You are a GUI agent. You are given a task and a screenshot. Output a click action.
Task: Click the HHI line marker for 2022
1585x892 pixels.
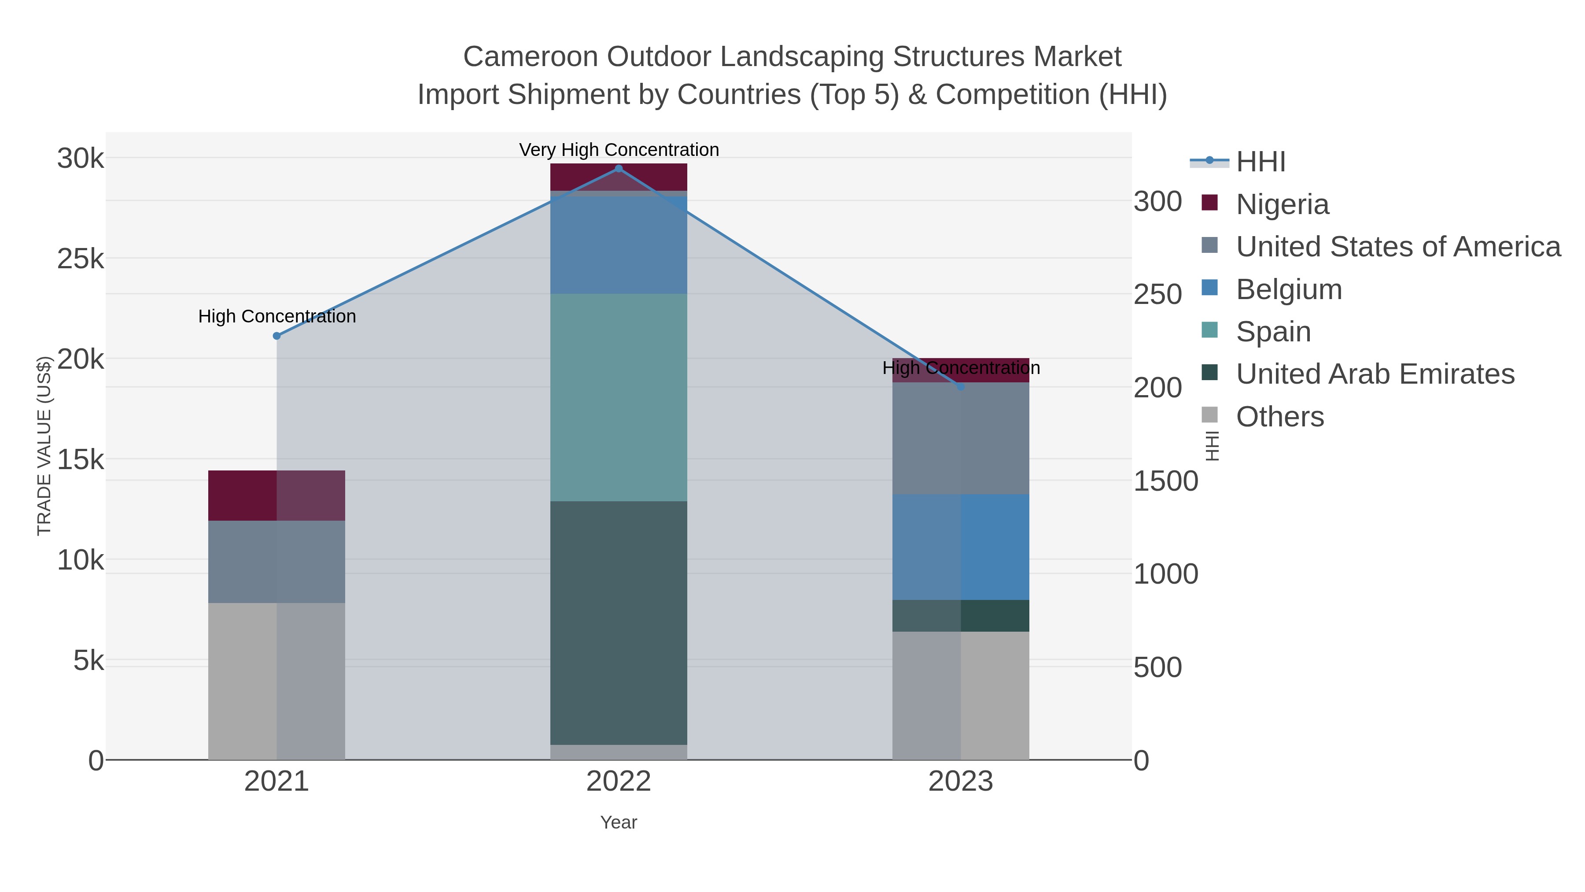click(x=619, y=169)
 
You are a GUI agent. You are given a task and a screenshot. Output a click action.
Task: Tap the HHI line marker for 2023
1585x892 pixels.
click(x=961, y=387)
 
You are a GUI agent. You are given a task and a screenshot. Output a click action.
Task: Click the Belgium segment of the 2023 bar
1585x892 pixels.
click(x=961, y=547)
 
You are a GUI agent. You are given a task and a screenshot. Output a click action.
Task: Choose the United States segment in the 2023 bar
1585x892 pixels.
click(x=961, y=438)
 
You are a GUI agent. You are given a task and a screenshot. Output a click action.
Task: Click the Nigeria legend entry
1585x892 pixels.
click(x=1282, y=204)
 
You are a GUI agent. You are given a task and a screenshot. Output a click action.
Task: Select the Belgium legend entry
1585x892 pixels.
click(x=1288, y=289)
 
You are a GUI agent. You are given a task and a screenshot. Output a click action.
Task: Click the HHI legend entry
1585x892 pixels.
click(x=1260, y=162)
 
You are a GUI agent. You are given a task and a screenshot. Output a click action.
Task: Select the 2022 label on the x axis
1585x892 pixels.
click(x=619, y=782)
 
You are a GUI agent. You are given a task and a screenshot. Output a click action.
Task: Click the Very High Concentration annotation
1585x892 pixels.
click(x=619, y=150)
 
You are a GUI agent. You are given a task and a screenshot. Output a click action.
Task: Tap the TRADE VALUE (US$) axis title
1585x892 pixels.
click(x=44, y=446)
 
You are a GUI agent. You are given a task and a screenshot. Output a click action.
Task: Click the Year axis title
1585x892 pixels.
click(x=619, y=822)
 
